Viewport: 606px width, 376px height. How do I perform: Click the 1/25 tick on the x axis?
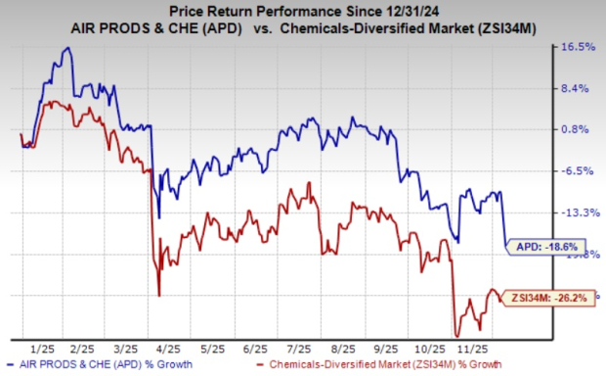[41, 347]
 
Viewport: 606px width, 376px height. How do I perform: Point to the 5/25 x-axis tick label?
[211, 347]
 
